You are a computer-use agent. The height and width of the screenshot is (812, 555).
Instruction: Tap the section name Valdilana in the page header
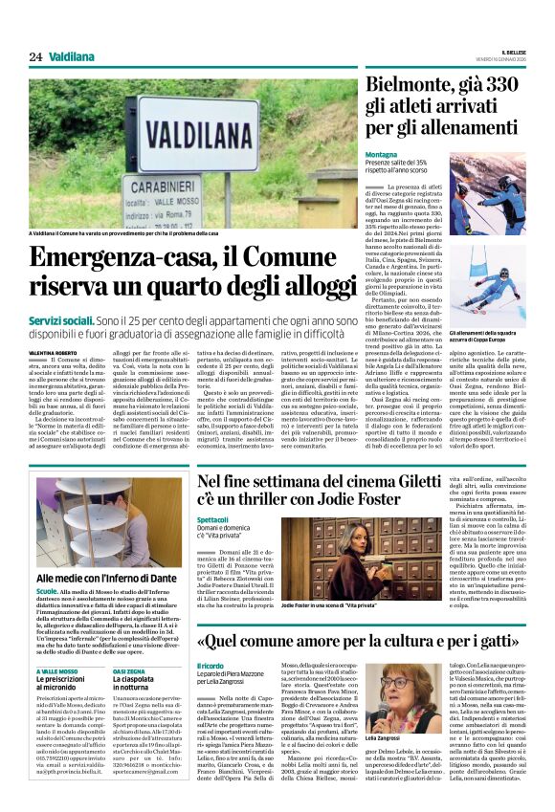pos(73,57)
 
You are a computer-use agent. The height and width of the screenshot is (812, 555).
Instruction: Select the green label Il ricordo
pos(211,666)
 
